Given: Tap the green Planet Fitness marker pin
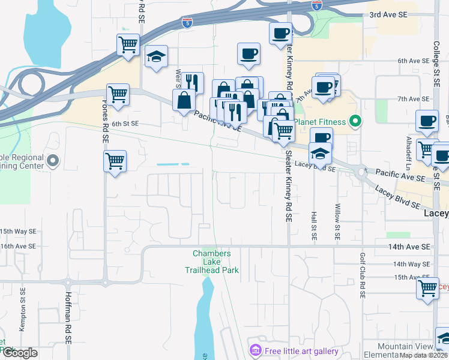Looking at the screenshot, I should pos(355,122).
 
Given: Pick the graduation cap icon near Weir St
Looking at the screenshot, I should pos(157,57).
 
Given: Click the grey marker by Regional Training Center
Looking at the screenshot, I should pos(53,160).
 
